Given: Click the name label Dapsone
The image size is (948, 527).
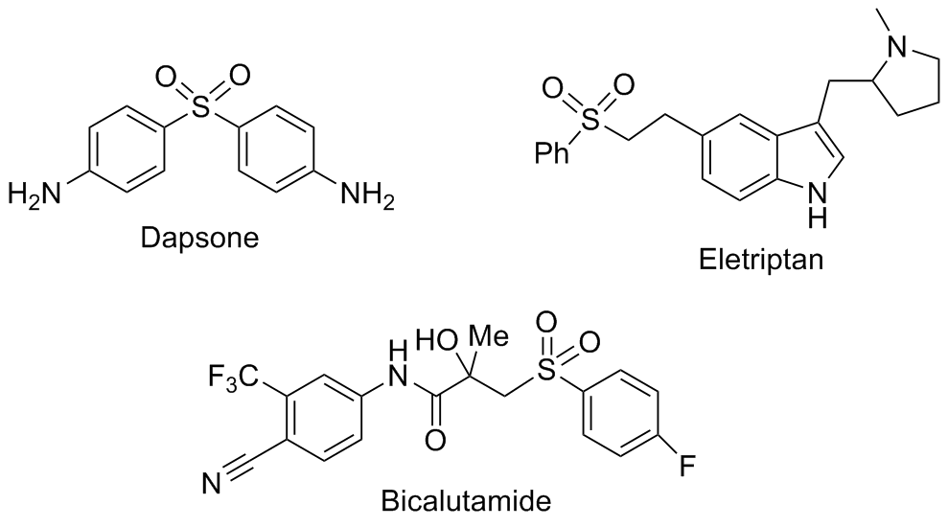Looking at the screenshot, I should pos(200,237).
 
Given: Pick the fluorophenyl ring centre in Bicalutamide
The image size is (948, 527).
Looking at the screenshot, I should pos(625,413).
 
